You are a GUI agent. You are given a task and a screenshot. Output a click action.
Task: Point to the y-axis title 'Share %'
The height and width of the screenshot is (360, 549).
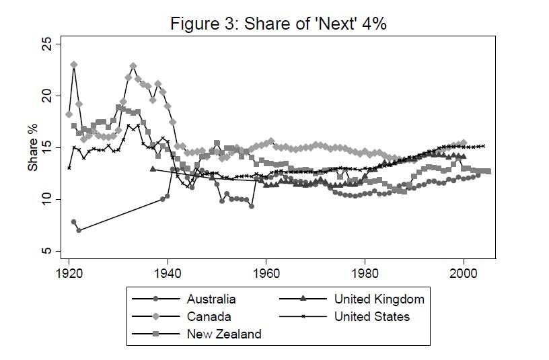[x=32, y=146]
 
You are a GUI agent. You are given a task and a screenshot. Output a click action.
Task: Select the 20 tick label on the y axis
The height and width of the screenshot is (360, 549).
[x=45, y=96]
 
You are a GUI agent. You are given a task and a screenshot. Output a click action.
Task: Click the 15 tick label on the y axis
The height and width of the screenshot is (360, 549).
[x=45, y=148]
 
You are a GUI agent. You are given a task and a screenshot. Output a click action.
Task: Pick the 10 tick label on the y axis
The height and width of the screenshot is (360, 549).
[x=45, y=200]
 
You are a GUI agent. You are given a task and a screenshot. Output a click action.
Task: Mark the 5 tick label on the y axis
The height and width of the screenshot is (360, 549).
[x=45, y=251]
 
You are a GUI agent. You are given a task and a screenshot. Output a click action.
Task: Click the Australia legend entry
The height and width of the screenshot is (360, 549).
[x=211, y=299]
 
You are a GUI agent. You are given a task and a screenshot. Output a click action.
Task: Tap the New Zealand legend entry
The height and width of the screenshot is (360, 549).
[x=223, y=334]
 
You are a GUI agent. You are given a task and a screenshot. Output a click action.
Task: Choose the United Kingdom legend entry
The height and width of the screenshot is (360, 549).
[x=379, y=299]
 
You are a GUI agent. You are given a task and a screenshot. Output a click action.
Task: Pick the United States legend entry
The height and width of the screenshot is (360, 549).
[x=371, y=316]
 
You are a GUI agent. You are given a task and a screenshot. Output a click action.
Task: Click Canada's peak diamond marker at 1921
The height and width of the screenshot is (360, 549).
[x=74, y=65]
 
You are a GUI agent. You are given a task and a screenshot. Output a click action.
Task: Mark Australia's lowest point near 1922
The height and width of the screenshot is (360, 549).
[x=79, y=230]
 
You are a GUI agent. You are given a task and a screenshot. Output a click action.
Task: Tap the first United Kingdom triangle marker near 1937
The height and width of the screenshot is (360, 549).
[x=153, y=169]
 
